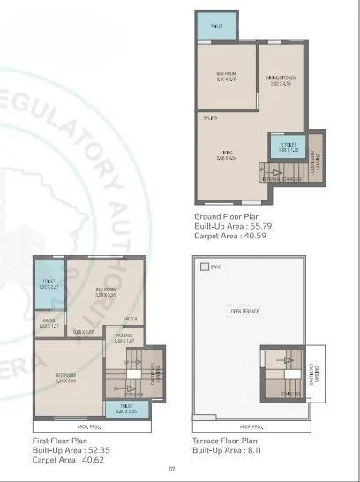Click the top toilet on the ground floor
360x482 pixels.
click(x=217, y=26)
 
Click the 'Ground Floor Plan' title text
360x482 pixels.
click(x=226, y=215)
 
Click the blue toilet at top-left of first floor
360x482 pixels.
click(x=50, y=284)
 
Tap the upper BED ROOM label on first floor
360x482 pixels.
click(x=107, y=293)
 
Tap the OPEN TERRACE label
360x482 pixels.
click(x=244, y=312)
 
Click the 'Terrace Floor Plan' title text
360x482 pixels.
click(x=226, y=439)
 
